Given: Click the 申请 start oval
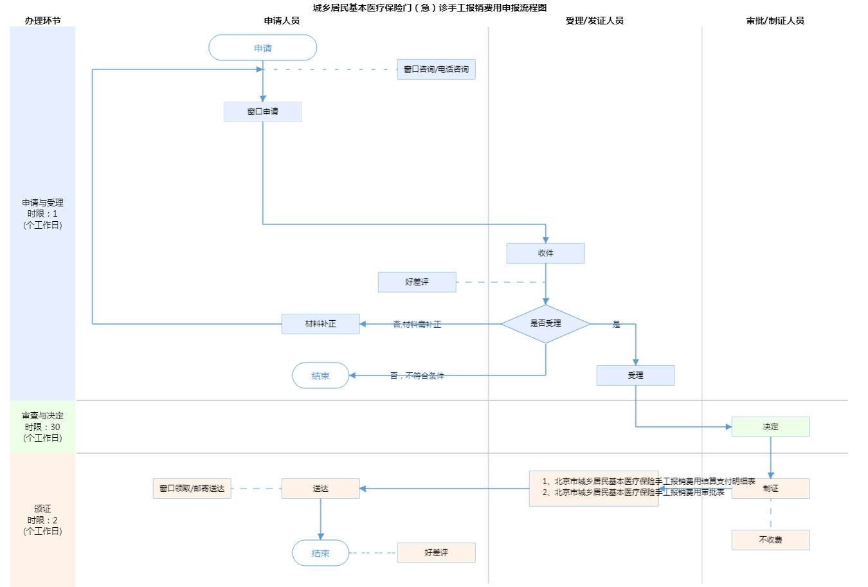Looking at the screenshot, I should coord(262,48).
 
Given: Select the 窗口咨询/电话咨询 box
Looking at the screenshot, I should coord(436,69).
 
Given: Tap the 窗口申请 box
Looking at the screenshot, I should coord(262,112).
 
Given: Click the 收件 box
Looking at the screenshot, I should coord(545,253).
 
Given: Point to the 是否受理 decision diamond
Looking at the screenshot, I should coord(545,323).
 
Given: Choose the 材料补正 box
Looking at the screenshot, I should coord(320,324).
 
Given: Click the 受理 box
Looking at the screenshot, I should coord(635,375).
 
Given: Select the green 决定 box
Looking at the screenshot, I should coord(770,427).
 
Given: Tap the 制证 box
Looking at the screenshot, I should coord(770,489).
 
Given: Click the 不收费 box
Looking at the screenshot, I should coord(770,540).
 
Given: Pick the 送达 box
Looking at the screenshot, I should coord(320,489).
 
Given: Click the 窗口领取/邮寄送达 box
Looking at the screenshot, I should coord(192,489).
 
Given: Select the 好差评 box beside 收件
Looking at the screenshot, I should coord(417,282).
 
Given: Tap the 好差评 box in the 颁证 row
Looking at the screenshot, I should coord(436,553).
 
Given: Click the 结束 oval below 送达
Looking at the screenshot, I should coord(320,553).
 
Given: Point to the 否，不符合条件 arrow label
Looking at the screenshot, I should coord(417,375).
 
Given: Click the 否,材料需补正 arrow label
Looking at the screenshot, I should coord(417,324).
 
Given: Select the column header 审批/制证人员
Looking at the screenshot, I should coord(775,21).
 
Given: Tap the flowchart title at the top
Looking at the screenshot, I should coord(429,8).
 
